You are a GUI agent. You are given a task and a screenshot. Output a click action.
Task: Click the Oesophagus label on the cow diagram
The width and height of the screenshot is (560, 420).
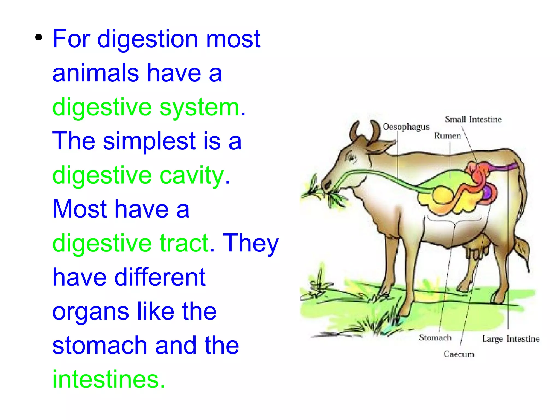coord(406,127)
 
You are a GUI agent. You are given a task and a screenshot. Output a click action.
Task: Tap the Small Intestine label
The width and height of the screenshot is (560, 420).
coord(473,119)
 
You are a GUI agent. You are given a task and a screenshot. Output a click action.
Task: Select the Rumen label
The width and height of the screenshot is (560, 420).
coord(447,136)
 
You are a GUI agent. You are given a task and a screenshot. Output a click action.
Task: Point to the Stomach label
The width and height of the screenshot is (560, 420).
coord(435,338)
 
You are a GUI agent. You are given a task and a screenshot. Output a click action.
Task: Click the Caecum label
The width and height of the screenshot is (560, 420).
coord(459,354)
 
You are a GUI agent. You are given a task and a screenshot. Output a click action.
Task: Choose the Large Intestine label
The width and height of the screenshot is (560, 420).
coord(511,339)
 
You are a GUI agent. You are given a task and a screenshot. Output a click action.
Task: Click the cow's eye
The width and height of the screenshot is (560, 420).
coord(351,158)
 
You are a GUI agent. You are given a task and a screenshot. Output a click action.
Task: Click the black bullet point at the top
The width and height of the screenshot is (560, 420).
coord(39,38)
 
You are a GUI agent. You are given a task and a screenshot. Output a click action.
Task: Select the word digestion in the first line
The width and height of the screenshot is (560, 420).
coord(148,39)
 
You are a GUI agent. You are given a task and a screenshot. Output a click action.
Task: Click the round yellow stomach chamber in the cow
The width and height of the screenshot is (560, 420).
coord(443,195)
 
